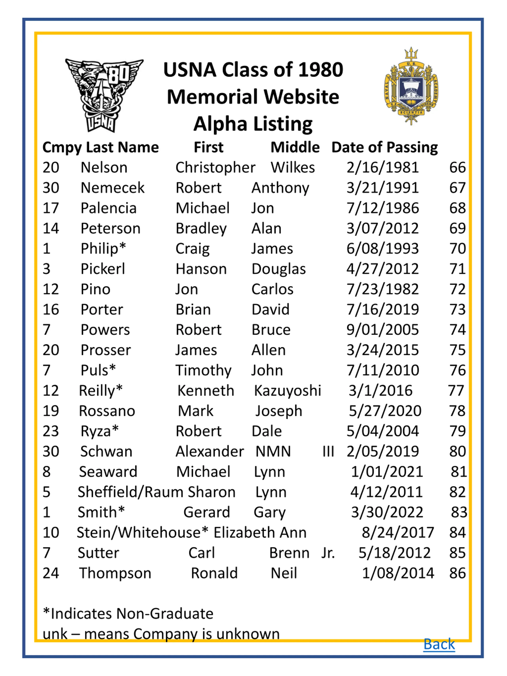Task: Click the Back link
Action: [439, 644]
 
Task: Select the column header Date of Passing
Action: [384, 147]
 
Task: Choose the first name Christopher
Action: [215, 168]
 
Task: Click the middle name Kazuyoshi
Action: [288, 391]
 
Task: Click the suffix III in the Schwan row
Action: [328, 451]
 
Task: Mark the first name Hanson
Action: [201, 269]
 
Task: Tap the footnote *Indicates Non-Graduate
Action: [128, 614]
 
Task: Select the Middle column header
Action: [295, 147]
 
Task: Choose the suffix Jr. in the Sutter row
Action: [328, 553]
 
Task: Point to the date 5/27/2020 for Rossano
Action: [385, 411]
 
